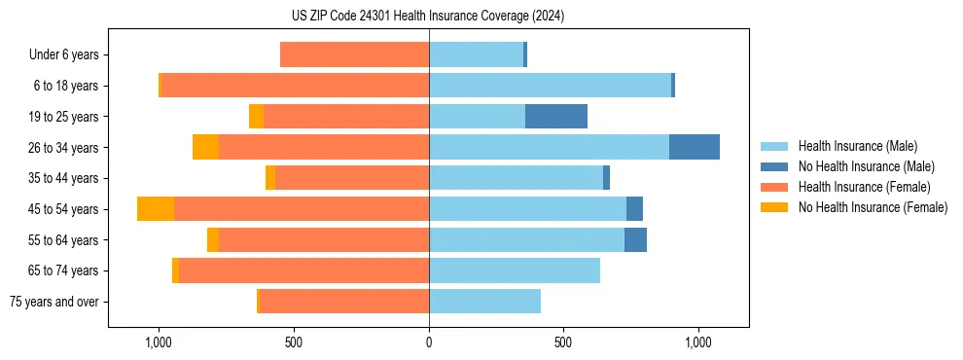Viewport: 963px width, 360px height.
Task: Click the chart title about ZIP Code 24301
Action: click(x=427, y=16)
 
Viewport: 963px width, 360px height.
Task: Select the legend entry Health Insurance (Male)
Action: click(x=857, y=146)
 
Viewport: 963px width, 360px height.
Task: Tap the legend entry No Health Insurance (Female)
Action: click(x=873, y=207)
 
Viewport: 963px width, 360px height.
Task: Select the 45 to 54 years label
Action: click(x=63, y=209)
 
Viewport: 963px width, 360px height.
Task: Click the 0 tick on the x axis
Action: click(x=428, y=342)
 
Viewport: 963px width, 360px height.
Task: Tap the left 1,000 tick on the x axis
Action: click(x=159, y=342)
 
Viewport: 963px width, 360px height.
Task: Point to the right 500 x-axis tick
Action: click(x=562, y=342)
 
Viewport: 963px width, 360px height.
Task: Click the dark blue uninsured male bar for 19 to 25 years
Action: click(x=556, y=117)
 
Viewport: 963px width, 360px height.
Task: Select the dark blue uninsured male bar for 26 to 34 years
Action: click(x=695, y=147)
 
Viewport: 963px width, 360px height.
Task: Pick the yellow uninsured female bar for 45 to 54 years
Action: click(x=156, y=209)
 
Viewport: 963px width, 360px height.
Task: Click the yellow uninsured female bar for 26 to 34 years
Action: click(x=205, y=147)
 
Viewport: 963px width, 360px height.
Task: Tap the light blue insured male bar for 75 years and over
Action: click(x=484, y=302)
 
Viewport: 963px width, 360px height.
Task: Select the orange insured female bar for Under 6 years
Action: click(x=354, y=55)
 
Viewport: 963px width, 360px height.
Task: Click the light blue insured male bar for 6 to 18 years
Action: click(x=550, y=86)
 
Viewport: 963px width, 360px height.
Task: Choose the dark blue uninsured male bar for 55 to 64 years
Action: click(x=635, y=239)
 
